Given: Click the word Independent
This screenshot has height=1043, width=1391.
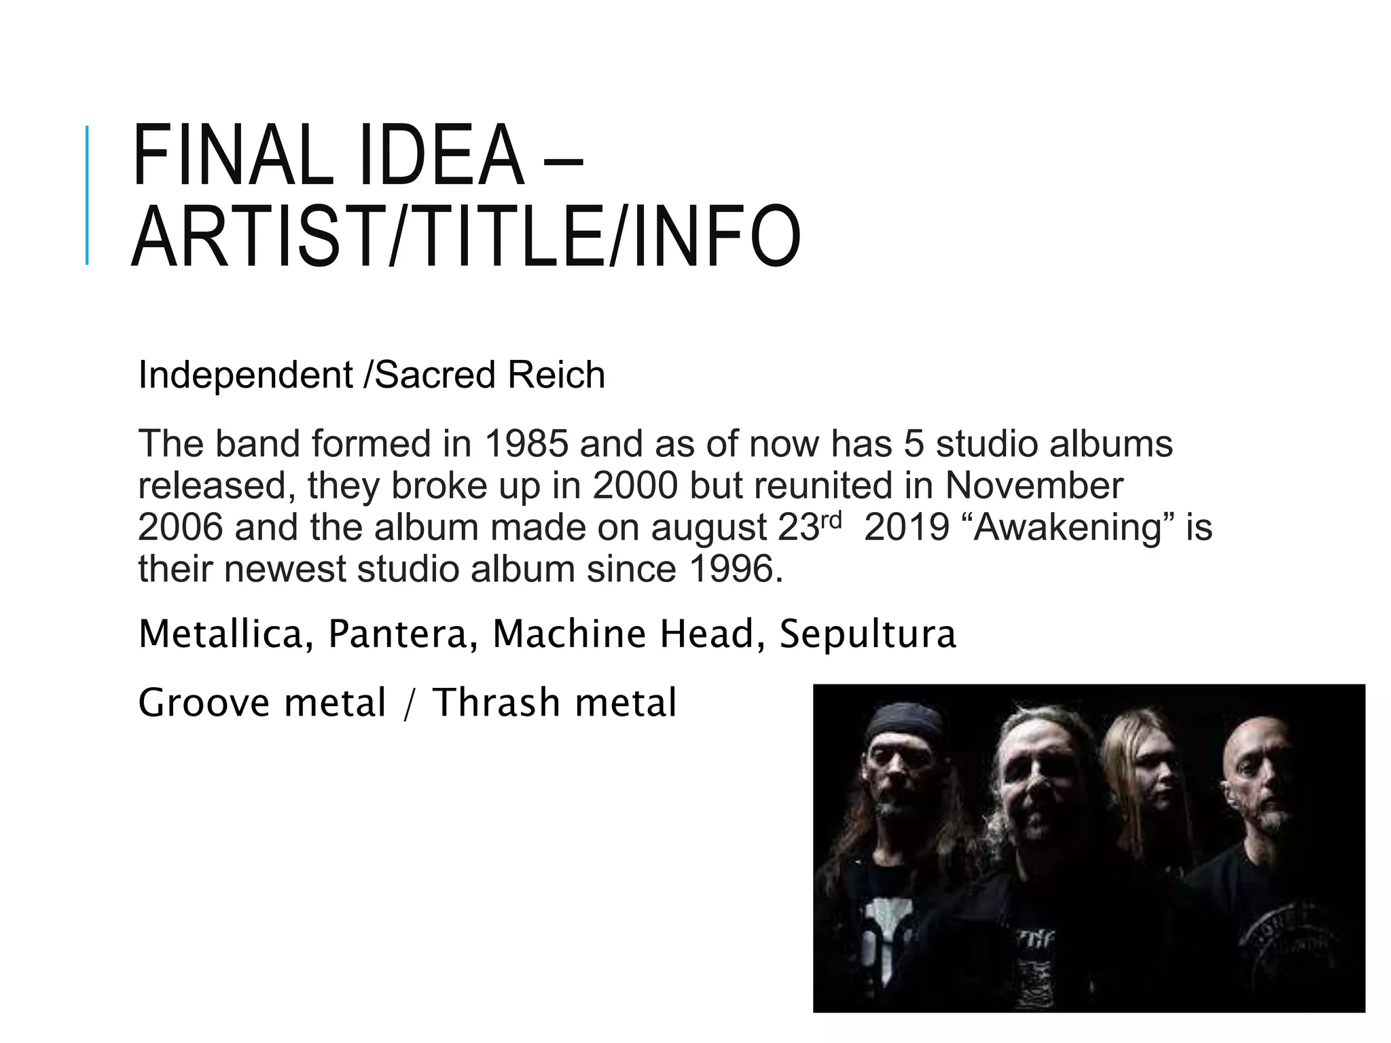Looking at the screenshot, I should pyautogui.click(x=245, y=375).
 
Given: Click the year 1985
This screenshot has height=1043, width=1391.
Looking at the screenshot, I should pyautogui.click(x=526, y=444).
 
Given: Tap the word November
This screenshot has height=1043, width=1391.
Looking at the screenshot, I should pyautogui.click(x=1034, y=486).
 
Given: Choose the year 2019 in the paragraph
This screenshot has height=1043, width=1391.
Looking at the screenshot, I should pyautogui.click(x=906, y=527).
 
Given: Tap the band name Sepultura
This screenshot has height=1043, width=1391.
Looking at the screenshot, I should pyautogui.click(x=867, y=634).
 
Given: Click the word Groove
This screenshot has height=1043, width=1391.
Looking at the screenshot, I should pyautogui.click(x=203, y=702).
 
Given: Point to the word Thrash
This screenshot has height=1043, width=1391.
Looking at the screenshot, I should pyautogui.click(x=495, y=702).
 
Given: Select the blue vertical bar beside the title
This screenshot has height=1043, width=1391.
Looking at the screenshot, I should pyautogui.click(x=87, y=195).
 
